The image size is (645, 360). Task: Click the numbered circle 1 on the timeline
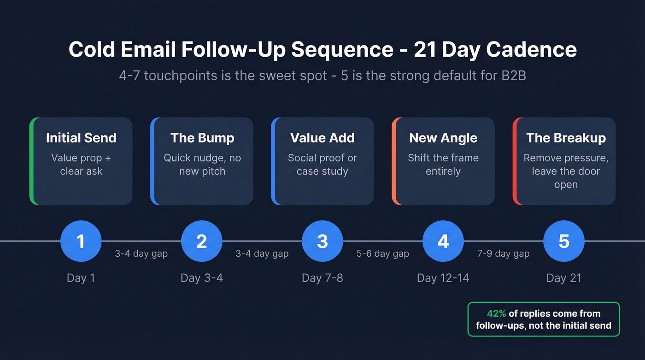[x=81, y=241]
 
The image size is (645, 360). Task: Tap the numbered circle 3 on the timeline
[x=322, y=241]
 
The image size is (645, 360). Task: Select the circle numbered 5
[x=564, y=241]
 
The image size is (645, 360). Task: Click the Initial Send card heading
[x=81, y=138]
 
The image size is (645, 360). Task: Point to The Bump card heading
[x=202, y=138]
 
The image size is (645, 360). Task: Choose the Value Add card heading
[x=322, y=138]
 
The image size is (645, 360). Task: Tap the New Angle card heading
[x=443, y=138]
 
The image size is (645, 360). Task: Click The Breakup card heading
[x=566, y=138]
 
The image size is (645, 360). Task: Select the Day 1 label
[x=81, y=278]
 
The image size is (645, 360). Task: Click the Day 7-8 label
[x=322, y=278]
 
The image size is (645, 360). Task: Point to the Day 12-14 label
[x=443, y=278]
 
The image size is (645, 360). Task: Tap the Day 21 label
[x=564, y=278]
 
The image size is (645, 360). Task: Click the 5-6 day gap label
[x=383, y=254]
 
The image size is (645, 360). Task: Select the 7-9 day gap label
[x=504, y=254]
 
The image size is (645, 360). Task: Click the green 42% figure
[x=496, y=314]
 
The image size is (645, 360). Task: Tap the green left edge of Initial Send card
[x=31, y=161]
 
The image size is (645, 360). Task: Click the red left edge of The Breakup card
[x=515, y=161]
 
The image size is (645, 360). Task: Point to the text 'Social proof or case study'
[x=322, y=165]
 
